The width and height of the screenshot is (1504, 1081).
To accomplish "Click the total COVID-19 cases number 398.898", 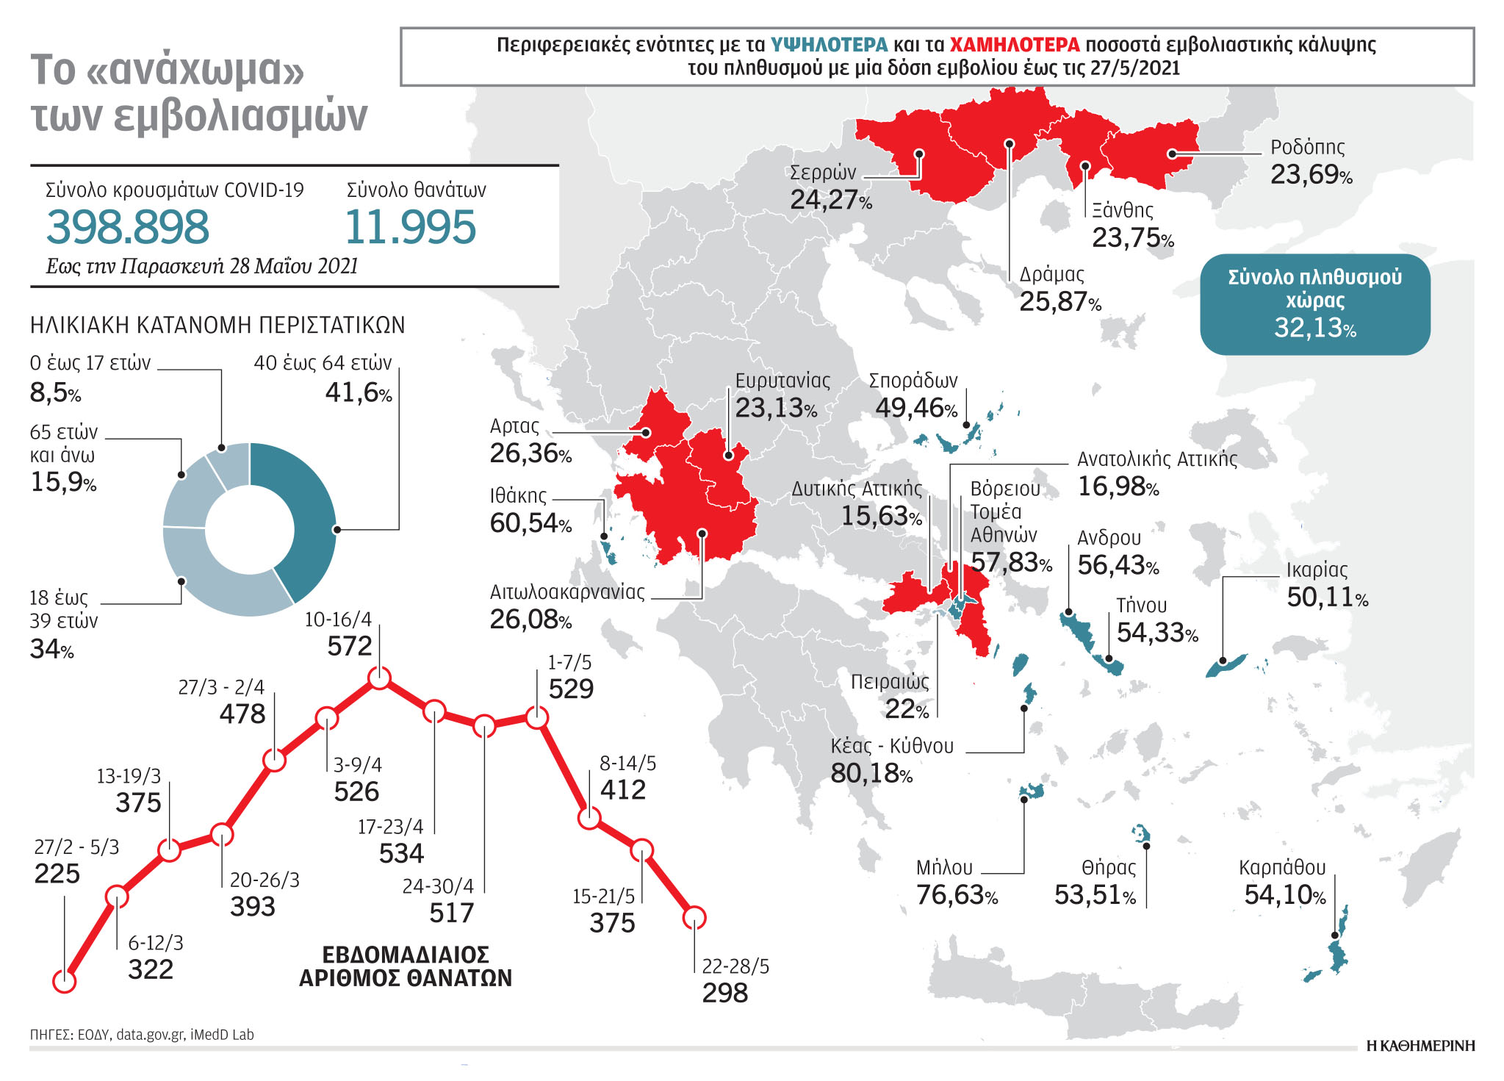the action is (128, 227).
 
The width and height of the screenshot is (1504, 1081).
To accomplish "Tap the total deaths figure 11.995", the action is (410, 227).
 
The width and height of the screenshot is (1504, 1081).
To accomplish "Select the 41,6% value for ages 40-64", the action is (359, 393).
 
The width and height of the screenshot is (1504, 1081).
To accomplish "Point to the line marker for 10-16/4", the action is (379, 677).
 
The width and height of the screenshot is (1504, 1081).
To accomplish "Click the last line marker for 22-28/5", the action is (694, 917).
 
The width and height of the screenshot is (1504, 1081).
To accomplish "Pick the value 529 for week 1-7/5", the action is (571, 689).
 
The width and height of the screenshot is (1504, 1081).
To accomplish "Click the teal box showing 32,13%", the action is (1314, 304).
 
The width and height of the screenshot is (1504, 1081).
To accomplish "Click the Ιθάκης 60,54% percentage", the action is (530, 523).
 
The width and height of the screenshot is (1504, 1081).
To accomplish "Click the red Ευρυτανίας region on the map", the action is (720, 463).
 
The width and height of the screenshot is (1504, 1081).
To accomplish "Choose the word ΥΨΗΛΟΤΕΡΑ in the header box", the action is (829, 45).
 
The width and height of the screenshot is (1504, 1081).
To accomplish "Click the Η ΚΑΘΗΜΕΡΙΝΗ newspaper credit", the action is (1420, 1046).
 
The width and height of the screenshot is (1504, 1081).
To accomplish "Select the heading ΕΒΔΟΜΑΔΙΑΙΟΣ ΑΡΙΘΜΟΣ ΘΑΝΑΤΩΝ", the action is (406, 966).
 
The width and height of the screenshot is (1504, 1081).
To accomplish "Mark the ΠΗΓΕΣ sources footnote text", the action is (142, 1035).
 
